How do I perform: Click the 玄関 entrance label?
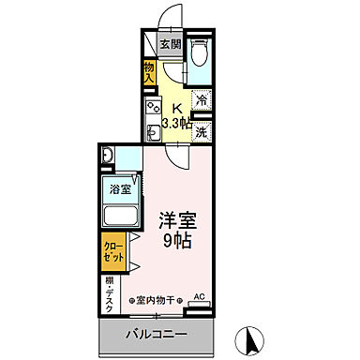tap(171, 44)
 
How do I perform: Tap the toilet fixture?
tap(199, 53)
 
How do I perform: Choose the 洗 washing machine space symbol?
tap(201, 132)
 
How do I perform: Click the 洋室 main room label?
tap(177, 221)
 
